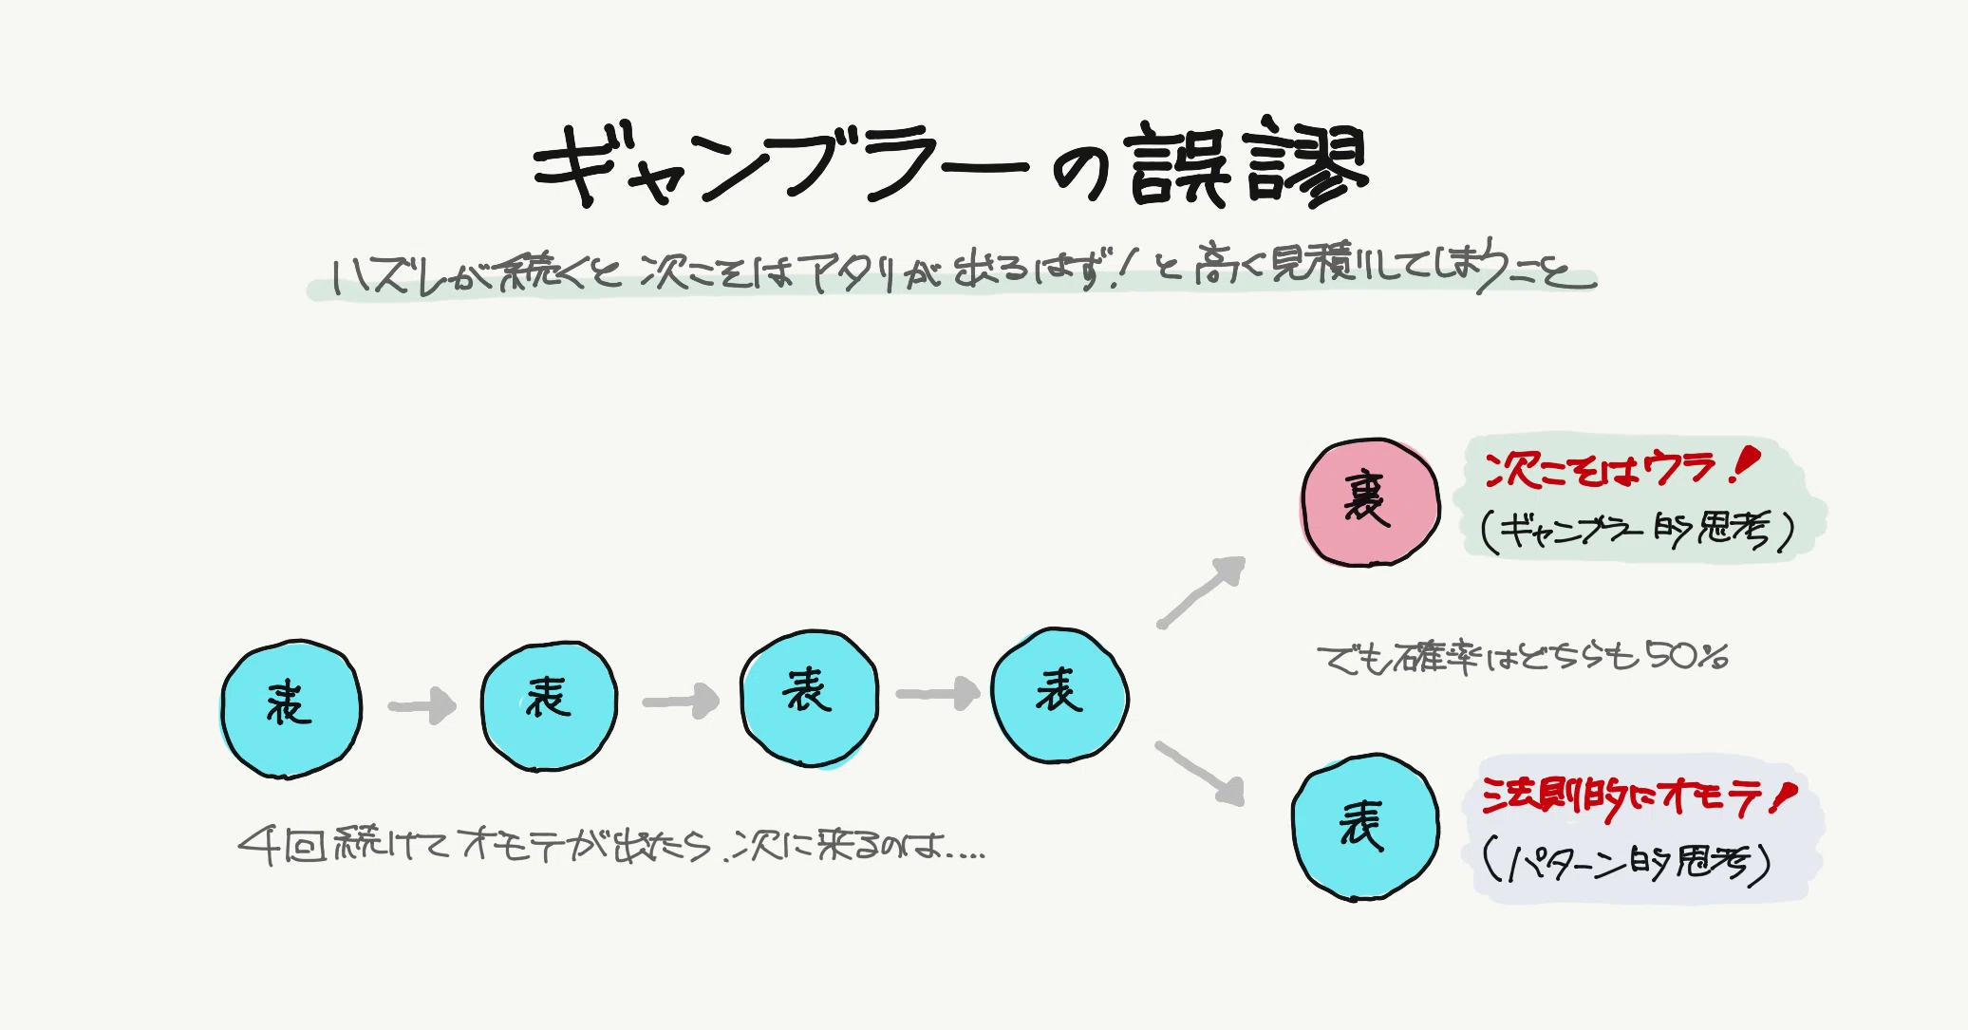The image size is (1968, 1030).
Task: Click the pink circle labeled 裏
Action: point(1370,503)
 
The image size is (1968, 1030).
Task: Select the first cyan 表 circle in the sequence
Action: point(291,708)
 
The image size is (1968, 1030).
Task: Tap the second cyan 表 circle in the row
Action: point(549,704)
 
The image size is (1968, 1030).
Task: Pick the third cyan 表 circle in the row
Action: point(809,697)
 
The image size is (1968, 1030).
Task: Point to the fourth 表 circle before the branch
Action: point(1059,694)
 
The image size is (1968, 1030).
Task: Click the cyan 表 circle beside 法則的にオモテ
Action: point(1365,827)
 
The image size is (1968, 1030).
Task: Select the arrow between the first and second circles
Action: point(422,706)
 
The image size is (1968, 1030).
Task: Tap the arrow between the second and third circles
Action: point(681,702)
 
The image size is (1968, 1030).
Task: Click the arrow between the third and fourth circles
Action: point(937,694)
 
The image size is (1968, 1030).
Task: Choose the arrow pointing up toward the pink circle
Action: point(1202,591)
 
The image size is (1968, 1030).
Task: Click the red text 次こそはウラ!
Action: point(1621,469)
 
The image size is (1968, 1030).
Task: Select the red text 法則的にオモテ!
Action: point(1638,797)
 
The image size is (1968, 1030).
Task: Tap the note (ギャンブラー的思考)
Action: point(1638,532)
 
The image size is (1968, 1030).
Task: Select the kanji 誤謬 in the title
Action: point(1246,167)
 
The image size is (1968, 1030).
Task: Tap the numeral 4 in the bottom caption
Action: point(258,844)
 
